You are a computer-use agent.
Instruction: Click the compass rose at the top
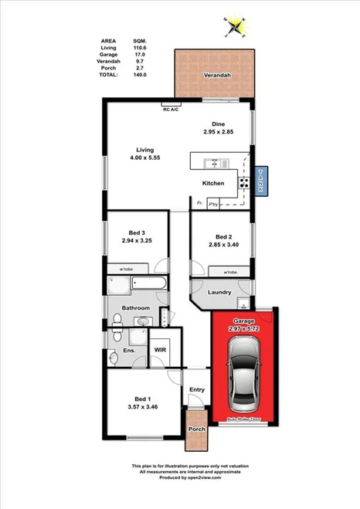tap(235, 27)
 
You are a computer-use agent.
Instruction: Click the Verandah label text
tap(216, 76)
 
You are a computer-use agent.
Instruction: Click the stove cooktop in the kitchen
tap(243, 183)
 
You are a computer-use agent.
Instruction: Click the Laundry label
tap(220, 292)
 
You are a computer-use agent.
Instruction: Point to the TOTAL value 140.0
tap(138, 75)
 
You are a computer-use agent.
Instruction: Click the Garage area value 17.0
tap(138, 55)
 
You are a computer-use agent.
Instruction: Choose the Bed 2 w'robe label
tap(229, 273)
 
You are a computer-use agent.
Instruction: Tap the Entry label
tap(196, 390)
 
